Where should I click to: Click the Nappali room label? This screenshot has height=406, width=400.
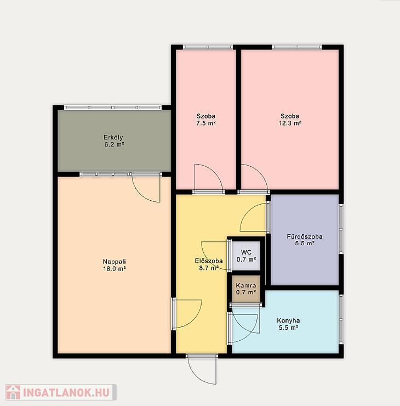115,262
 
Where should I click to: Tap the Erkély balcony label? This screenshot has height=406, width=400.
113,137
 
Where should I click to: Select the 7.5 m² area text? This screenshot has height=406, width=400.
206,123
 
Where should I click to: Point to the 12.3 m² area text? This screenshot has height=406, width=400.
290,123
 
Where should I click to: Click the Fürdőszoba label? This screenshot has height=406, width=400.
305,236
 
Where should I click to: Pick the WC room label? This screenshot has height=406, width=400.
246,252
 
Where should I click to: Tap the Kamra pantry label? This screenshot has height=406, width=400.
246,286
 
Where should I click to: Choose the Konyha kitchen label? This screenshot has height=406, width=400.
288,320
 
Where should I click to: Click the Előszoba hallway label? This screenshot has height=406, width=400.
209,261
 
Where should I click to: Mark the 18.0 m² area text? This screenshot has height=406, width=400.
115,268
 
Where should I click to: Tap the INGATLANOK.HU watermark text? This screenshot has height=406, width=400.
66,393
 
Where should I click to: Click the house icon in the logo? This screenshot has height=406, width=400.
13,392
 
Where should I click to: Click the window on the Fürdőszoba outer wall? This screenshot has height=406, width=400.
341,229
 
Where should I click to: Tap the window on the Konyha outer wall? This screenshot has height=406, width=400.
341,319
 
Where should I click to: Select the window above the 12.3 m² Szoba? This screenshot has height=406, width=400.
297,47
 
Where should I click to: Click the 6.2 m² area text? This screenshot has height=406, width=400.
114,144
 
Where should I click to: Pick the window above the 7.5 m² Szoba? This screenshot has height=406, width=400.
208,47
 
